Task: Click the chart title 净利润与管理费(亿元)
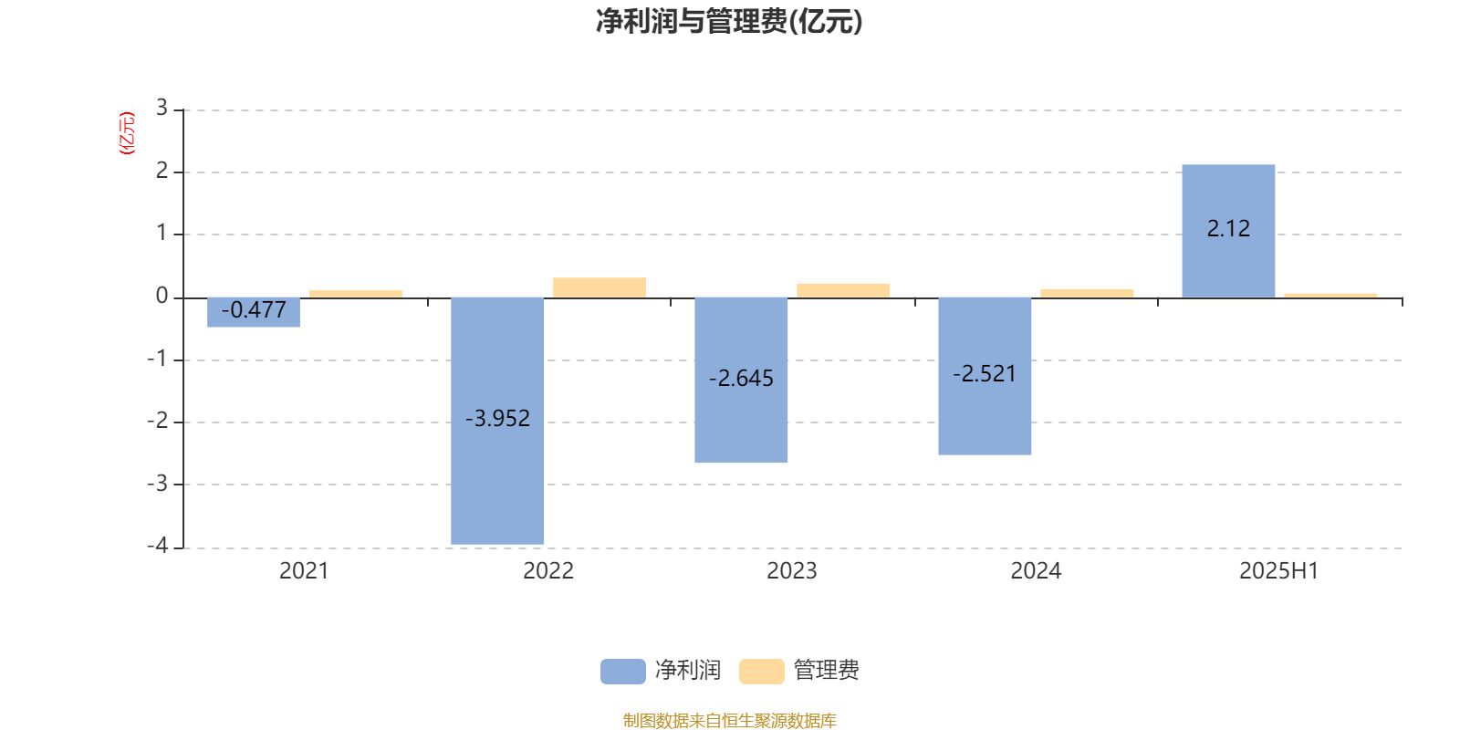pyautogui.click(x=729, y=22)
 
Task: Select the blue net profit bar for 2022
pyautogui.click(x=497, y=421)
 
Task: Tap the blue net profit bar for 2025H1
pyautogui.click(x=1228, y=232)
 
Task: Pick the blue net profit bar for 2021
pyautogui.click(x=254, y=312)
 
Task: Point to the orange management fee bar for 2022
pyautogui.click(x=600, y=288)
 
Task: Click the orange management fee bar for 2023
pyautogui.click(x=843, y=291)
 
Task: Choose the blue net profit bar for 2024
pyautogui.click(x=985, y=376)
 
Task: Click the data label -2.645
pyautogui.click(x=741, y=378)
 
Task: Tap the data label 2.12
pyautogui.click(x=1228, y=229)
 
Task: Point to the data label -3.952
pyautogui.click(x=497, y=419)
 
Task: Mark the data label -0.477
pyautogui.click(x=254, y=310)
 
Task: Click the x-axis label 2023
pyautogui.click(x=791, y=571)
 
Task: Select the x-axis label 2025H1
pyautogui.click(x=1278, y=571)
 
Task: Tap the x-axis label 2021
pyautogui.click(x=304, y=571)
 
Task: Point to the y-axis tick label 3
pyautogui.click(x=162, y=108)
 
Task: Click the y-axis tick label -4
pyautogui.click(x=157, y=546)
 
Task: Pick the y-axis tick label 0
pyautogui.click(x=162, y=296)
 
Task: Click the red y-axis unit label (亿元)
pyautogui.click(x=127, y=133)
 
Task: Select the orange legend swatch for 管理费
pyautogui.click(x=761, y=672)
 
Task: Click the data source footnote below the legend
pyautogui.click(x=729, y=720)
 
